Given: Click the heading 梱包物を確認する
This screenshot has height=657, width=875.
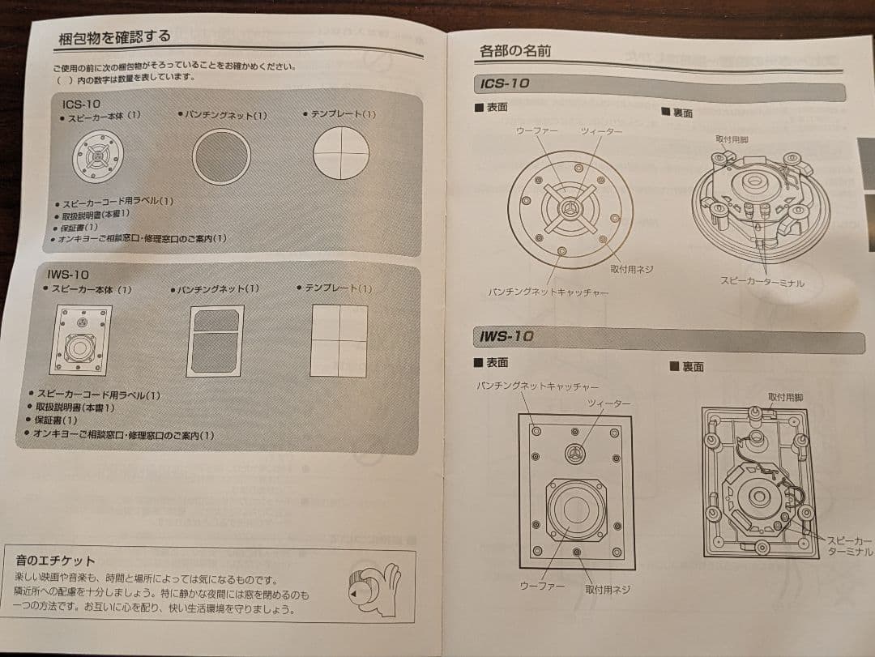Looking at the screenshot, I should (115, 37).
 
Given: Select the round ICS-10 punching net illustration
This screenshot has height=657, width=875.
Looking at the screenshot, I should (221, 157).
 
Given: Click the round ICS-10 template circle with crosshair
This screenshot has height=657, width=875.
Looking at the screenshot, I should (341, 153).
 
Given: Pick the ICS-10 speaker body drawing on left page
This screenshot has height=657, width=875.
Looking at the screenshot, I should (98, 156).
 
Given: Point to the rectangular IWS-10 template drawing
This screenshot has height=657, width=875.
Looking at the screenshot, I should (339, 340).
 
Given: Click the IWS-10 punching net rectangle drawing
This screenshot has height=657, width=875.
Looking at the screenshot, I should (215, 341).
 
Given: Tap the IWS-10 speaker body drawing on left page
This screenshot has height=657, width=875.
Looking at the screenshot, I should (80, 340).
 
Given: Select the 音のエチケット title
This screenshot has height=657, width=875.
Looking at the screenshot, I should (55, 560).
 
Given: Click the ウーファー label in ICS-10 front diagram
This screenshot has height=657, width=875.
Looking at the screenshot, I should (537, 130).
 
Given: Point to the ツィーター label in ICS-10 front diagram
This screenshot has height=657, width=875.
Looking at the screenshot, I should (601, 131).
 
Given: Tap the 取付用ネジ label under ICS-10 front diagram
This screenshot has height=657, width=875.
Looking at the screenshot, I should (631, 268).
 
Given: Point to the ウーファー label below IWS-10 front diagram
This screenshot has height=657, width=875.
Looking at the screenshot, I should (542, 584).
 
